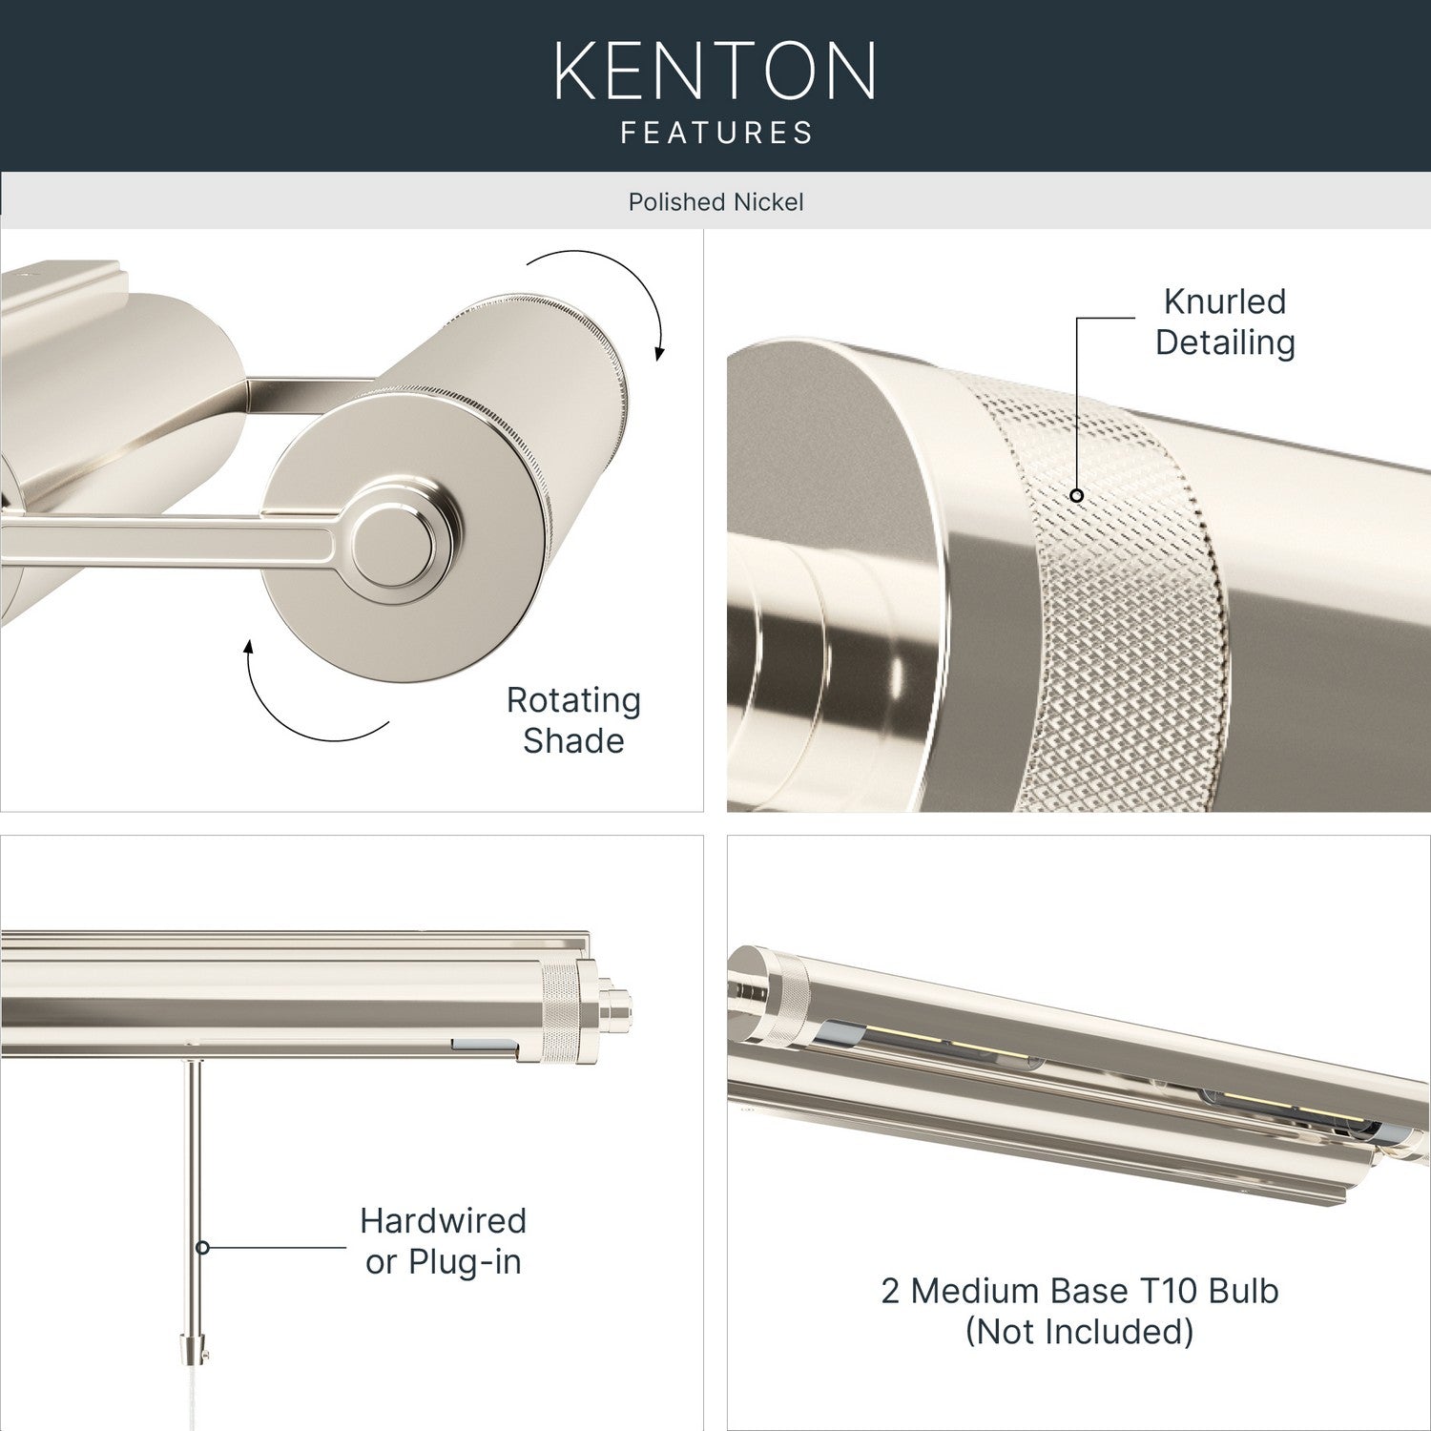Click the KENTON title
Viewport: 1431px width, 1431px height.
(x=715, y=71)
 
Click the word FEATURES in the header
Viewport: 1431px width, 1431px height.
(x=716, y=132)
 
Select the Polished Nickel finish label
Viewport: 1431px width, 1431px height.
(x=715, y=202)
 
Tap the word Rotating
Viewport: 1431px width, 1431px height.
(x=573, y=701)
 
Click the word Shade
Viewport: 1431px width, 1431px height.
(x=573, y=740)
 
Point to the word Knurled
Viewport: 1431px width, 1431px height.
(x=1225, y=301)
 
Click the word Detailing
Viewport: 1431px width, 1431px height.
(x=1225, y=342)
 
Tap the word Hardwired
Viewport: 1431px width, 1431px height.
(x=443, y=1220)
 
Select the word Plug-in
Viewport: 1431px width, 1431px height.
(x=465, y=1262)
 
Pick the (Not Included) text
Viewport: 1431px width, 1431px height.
(x=1079, y=1332)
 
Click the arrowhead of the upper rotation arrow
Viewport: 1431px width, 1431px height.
(x=659, y=352)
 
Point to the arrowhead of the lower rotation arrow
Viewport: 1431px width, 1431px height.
(x=249, y=649)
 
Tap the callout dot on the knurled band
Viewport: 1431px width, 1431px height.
(x=1076, y=495)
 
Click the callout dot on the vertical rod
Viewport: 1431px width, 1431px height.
(x=202, y=1247)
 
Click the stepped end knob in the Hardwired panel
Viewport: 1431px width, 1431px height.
(x=615, y=1007)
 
